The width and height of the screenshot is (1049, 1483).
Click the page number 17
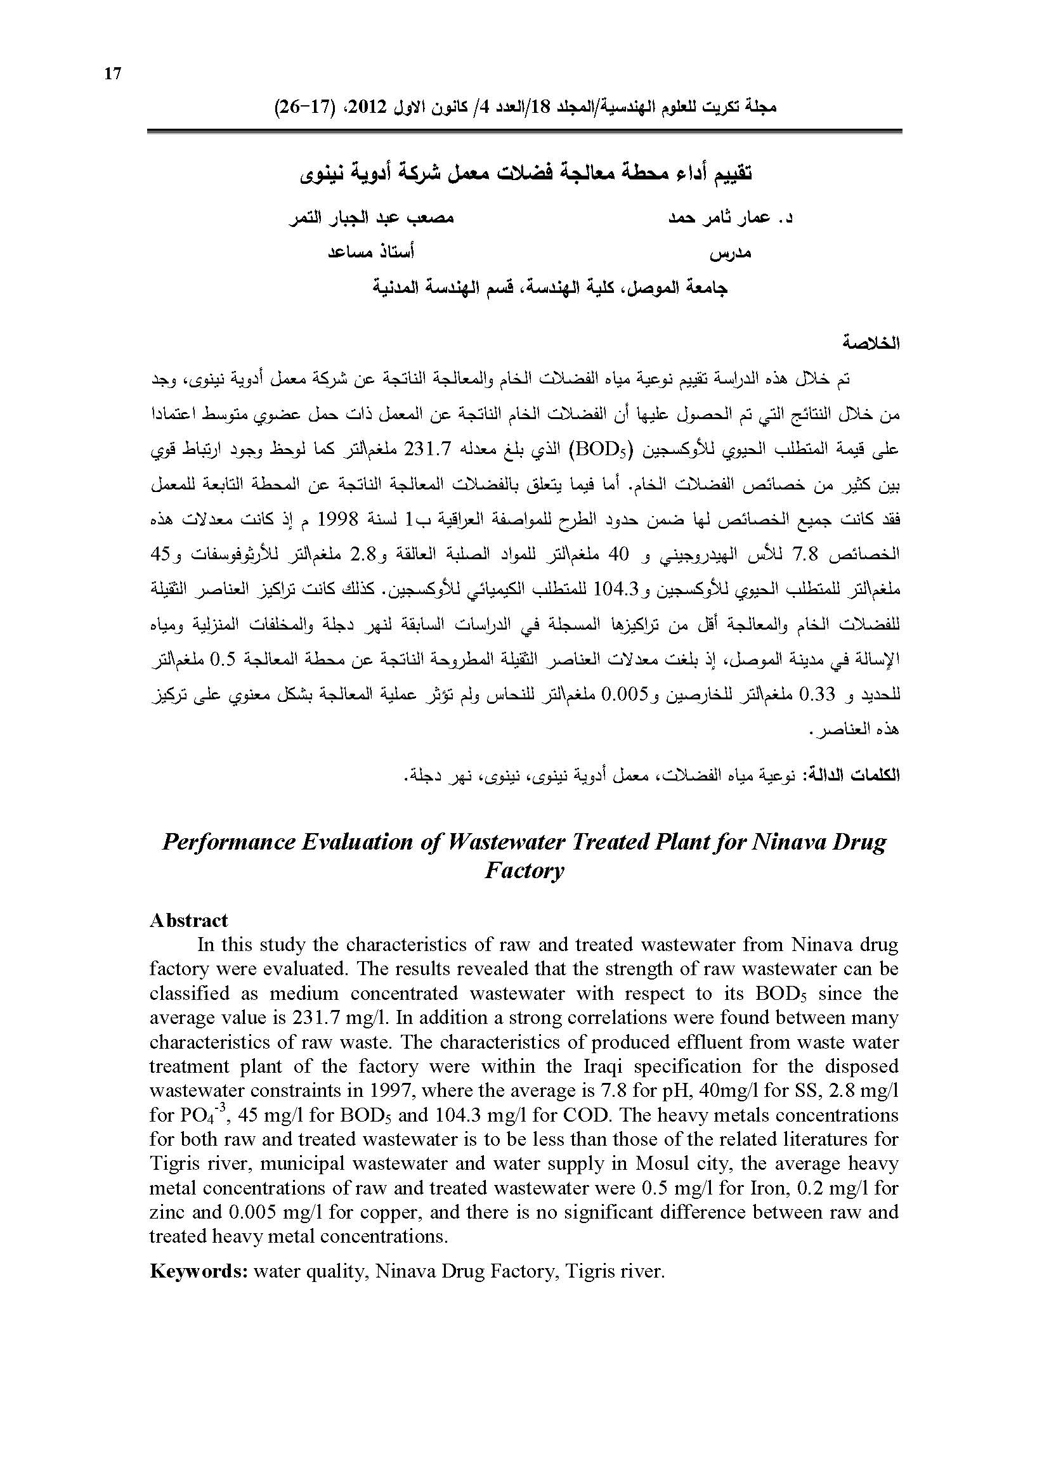point(112,74)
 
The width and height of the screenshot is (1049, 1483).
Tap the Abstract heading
point(188,920)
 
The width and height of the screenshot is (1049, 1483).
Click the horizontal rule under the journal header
point(524,131)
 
